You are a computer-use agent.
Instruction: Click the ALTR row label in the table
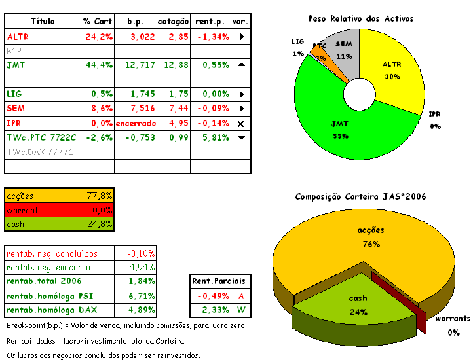(x=18, y=37)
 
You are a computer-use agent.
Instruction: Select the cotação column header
(x=174, y=22)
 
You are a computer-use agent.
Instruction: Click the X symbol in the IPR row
(x=241, y=123)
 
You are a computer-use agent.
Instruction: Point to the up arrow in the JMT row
(x=241, y=65)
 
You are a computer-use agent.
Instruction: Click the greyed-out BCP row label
(x=14, y=51)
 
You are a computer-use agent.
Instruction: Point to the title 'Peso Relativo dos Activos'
(x=360, y=18)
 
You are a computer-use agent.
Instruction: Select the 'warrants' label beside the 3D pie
(x=453, y=319)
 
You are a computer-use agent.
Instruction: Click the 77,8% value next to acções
(x=100, y=196)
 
